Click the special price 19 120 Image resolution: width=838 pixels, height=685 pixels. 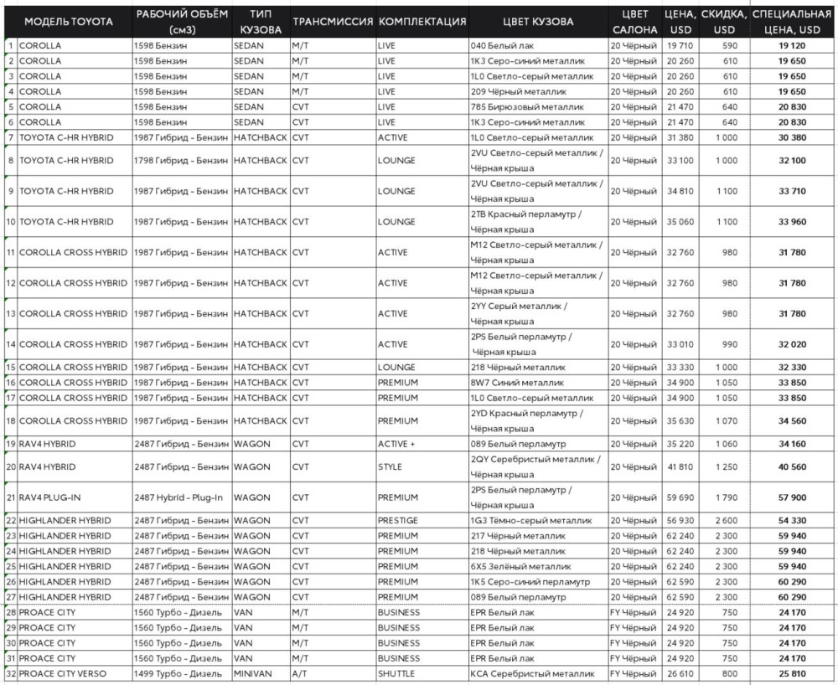(x=792, y=45)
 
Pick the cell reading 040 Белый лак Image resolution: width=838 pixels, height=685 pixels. (x=503, y=45)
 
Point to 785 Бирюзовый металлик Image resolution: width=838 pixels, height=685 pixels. (x=525, y=106)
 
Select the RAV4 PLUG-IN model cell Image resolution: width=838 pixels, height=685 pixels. (x=49, y=497)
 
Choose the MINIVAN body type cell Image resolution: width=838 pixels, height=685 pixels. (x=252, y=673)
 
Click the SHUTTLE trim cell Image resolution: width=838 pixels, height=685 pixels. (x=397, y=673)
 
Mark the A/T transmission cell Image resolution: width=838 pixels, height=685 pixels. (x=300, y=673)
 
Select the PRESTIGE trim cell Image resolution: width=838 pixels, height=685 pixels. (x=398, y=520)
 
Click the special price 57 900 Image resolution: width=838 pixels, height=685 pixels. (x=792, y=497)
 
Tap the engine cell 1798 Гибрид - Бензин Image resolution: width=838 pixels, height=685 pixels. (x=180, y=160)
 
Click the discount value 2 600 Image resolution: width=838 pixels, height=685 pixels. (x=725, y=520)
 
